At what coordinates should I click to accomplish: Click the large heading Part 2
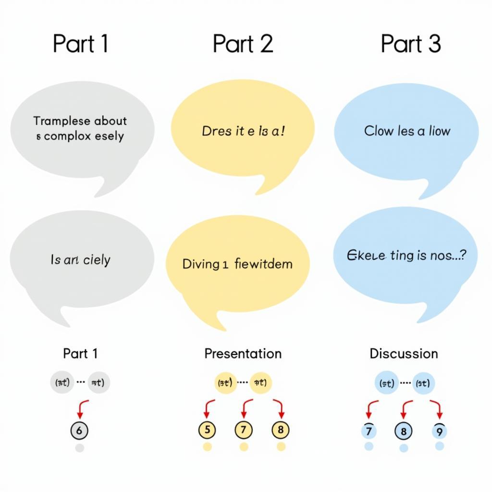pos(243,44)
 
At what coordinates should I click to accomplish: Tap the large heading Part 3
pos(410,44)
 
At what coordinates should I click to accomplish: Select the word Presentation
pos(243,354)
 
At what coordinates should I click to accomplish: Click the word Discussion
pos(404,354)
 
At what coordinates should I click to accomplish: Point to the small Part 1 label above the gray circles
pos(80,354)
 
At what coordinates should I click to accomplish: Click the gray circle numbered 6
pos(80,430)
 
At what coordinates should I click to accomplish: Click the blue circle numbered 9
pos(439,431)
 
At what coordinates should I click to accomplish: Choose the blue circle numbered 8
pos(404,431)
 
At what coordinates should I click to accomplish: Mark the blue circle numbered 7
pos(369,431)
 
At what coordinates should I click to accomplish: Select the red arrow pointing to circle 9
pos(437,408)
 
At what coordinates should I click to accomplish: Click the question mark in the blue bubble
pos(462,256)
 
